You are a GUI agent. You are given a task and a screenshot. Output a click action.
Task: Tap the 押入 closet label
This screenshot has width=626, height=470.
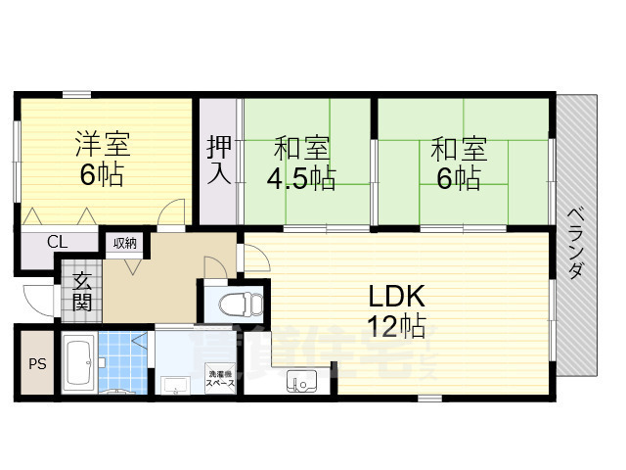click(218, 160)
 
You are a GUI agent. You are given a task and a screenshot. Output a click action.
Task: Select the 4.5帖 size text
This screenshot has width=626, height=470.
click(301, 179)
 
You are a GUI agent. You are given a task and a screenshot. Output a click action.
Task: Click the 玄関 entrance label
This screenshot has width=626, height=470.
click(82, 290)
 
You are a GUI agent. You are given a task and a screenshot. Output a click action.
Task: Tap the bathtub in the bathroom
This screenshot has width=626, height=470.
click(77, 363)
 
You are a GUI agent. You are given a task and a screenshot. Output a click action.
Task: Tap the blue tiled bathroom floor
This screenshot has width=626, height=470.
click(121, 363)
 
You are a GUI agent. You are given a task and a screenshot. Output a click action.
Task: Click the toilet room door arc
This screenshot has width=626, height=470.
click(253, 259)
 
